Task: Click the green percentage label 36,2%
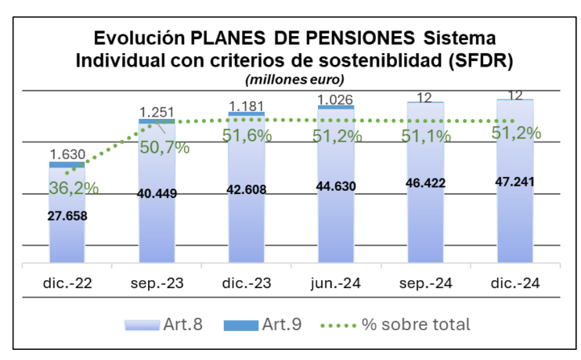(x=67, y=188)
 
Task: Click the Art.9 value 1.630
(x=67, y=155)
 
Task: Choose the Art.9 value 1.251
(x=157, y=112)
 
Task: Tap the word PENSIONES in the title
(x=357, y=38)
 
